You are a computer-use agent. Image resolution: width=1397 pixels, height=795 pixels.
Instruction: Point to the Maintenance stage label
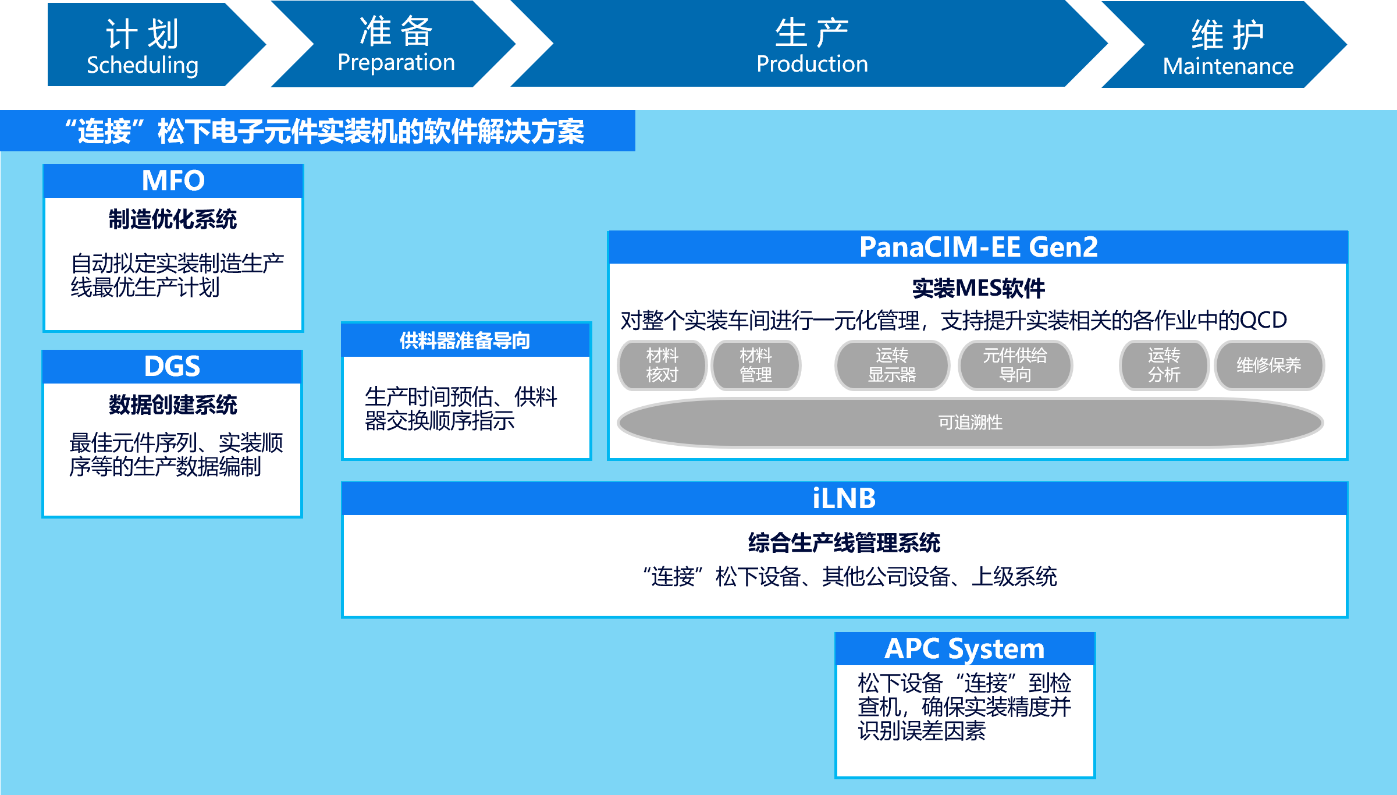(x=1228, y=65)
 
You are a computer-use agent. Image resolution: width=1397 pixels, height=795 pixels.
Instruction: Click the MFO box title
(x=173, y=181)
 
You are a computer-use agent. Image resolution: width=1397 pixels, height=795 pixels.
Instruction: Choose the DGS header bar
(x=172, y=367)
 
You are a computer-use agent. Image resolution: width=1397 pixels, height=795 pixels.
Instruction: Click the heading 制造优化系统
(x=173, y=219)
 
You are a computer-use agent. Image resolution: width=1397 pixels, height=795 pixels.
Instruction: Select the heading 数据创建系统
(x=173, y=405)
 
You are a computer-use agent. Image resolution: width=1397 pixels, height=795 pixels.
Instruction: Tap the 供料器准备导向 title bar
(x=465, y=340)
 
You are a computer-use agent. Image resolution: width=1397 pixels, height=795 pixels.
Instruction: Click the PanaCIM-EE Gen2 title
(x=978, y=247)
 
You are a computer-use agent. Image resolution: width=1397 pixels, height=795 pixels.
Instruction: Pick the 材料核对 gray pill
(x=662, y=365)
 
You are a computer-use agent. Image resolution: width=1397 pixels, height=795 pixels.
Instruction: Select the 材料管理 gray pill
(x=756, y=365)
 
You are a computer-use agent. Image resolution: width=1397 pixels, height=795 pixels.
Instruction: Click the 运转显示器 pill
(x=892, y=365)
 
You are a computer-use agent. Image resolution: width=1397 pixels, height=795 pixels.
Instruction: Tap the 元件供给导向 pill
(x=1015, y=365)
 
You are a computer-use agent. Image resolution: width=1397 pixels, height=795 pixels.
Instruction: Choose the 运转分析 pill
(x=1164, y=365)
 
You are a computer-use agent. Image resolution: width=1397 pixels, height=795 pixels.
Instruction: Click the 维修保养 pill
(x=1269, y=365)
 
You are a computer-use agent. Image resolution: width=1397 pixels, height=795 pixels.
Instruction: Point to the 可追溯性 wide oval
(x=971, y=423)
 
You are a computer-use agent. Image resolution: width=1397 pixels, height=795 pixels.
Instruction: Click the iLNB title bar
(x=844, y=499)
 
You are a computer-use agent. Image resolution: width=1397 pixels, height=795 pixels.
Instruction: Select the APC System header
(x=964, y=649)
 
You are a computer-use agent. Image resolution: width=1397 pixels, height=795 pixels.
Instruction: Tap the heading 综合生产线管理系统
(x=844, y=543)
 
